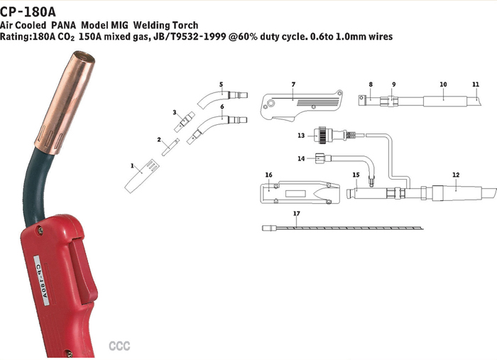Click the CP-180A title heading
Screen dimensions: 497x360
tap(28, 12)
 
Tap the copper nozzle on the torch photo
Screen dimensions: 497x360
tap(65, 102)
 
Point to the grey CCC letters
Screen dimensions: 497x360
tap(119, 346)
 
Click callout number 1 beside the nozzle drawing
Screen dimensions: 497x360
tap(132, 165)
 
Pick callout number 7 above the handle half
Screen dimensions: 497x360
tap(293, 84)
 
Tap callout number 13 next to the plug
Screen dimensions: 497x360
tap(301, 136)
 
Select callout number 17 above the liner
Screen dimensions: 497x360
tap(297, 214)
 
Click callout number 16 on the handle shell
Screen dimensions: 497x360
tap(269, 175)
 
